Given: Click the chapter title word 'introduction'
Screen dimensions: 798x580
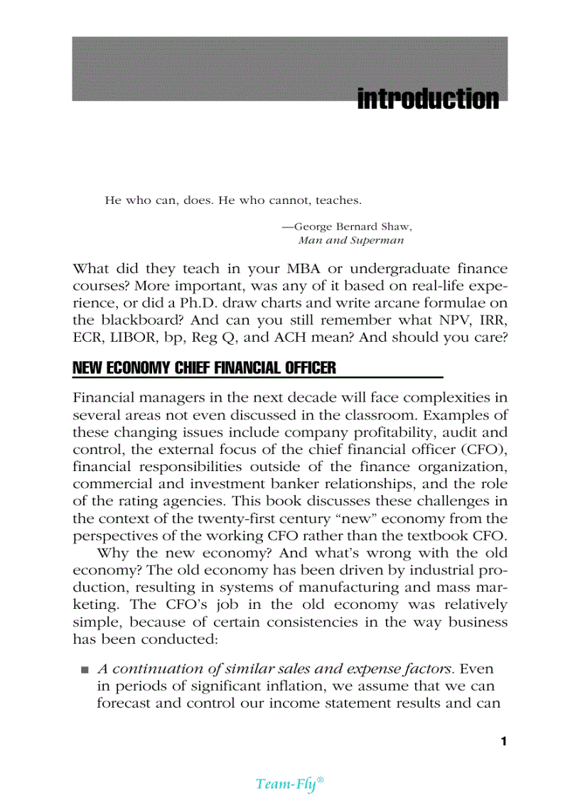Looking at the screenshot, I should coord(428,99).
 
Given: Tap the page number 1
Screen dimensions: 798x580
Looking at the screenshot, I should coord(503,742).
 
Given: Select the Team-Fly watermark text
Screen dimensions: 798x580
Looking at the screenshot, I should coord(289,783).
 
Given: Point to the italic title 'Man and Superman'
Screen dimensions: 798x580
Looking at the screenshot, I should coord(351,240).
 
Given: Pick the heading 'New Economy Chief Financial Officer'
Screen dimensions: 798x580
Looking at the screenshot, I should coord(204,368).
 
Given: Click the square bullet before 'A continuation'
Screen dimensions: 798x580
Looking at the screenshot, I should coord(85,669).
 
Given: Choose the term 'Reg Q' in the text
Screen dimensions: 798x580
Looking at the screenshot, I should coord(213,338).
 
